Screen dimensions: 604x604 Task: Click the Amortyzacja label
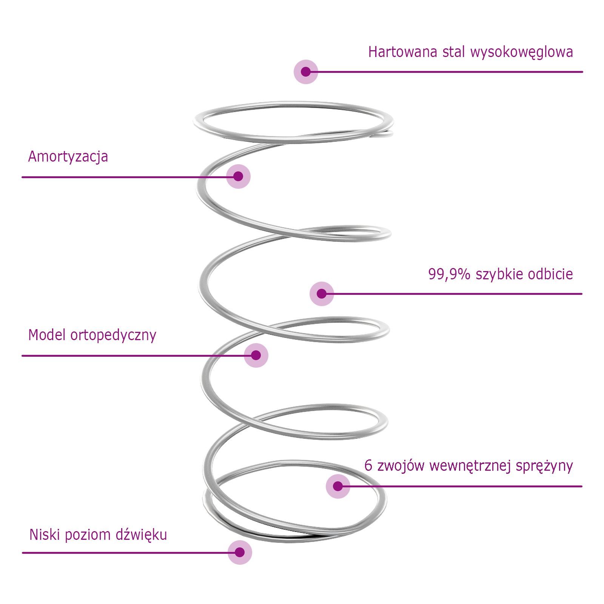click(68, 157)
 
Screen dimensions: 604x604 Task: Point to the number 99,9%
click(449, 274)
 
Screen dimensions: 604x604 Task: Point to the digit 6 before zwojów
click(368, 465)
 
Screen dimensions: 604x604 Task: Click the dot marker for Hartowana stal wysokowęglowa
click(306, 72)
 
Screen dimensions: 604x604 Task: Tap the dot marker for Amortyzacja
click(238, 176)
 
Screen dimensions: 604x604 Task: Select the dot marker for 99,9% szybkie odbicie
click(322, 294)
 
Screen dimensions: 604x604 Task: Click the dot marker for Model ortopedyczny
click(256, 355)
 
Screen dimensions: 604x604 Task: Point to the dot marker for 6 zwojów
click(338, 486)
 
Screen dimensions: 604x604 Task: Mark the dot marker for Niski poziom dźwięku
click(240, 552)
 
